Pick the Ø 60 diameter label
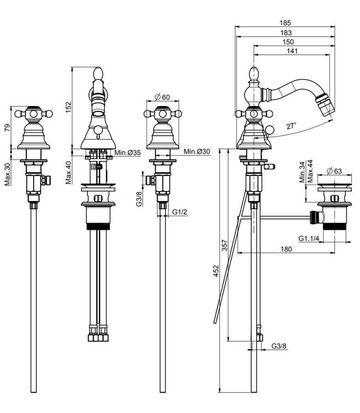pyautogui.click(x=163, y=97)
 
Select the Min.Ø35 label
pyautogui.click(x=128, y=152)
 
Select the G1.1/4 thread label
pyautogui.click(x=309, y=238)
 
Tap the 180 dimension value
pyautogui.click(x=286, y=249)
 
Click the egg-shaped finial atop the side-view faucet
pyautogui.click(x=253, y=73)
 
